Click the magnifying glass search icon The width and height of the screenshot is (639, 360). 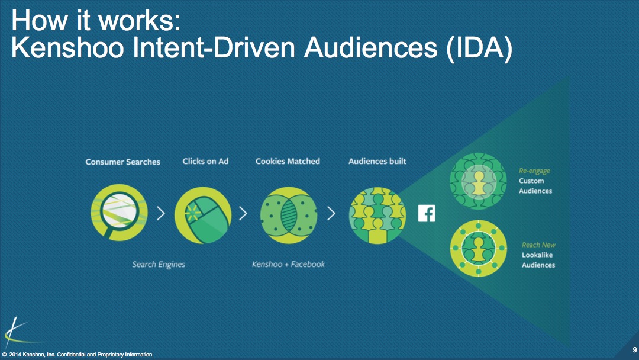click(x=119, y=213)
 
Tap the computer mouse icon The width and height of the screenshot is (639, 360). click(x=203, y=215)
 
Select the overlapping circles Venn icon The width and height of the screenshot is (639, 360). click(x=289, y=215)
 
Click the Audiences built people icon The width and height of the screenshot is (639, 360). click(x=377, y=216)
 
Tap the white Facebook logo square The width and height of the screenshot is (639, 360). click(x=427, y=213)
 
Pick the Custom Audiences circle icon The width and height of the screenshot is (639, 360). click(x=478, y=181)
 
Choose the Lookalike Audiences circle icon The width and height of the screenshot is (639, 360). click(x=479, y=248)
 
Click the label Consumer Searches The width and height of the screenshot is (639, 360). click(x=122, y=162)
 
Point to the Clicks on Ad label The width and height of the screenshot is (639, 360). click(x=205, y=161)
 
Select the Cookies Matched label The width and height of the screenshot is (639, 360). click(x=288, y=161)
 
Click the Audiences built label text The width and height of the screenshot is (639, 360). click(x=377, y=161)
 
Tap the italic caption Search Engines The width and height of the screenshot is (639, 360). click(x=159, y=265)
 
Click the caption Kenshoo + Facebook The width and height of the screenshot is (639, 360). click(x=289, y=264)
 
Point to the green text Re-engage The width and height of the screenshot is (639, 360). click(x=534, y=171)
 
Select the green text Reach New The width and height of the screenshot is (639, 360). click(x=539, y=245)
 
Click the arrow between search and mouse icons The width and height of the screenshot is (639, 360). click(x=161, y=213)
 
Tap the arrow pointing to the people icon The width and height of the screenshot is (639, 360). click(x=331, y=213)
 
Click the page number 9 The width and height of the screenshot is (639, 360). click(x=634, y=350)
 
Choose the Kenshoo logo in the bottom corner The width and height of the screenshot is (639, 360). click(x=18, y=333)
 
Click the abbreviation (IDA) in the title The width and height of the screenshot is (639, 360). click(x=479, y=48)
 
